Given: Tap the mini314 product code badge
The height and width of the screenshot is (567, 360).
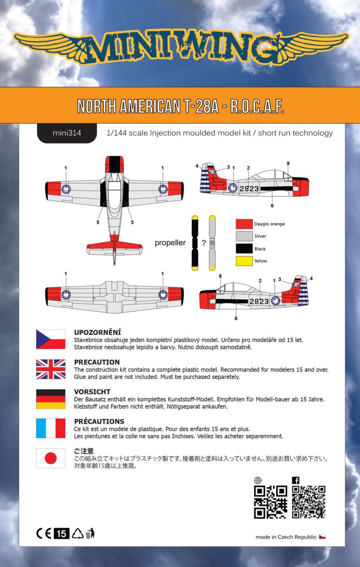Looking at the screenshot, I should (67, 133).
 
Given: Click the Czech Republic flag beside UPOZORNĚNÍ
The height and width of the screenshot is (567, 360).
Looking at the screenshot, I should (51, 339).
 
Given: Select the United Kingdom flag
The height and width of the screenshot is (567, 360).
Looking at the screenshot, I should (51, 369).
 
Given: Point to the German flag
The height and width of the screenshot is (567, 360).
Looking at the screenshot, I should (51, 399).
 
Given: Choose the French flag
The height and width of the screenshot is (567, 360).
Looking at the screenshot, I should (51, 428).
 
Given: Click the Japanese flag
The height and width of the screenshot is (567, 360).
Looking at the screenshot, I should (51, 458).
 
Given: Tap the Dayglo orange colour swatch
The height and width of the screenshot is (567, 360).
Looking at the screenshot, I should (244, 224).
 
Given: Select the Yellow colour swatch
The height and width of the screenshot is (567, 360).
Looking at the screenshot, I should (244, 261).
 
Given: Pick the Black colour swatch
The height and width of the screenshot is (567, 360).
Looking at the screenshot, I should (244, 249).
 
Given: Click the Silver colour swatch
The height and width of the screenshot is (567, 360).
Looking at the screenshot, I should (244, 236).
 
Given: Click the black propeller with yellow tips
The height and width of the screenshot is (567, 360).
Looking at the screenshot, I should (194, 243).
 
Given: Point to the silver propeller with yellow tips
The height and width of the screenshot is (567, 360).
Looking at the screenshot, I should (212, 243).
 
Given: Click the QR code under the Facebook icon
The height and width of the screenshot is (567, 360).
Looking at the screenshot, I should (309, 502).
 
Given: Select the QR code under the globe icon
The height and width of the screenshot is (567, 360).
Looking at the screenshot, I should (270, 502).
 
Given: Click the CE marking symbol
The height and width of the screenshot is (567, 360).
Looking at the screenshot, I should (44, 533).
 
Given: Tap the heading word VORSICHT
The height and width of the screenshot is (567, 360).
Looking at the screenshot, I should (92, 392).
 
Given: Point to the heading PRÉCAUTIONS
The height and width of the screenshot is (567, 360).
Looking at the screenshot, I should (99, 421).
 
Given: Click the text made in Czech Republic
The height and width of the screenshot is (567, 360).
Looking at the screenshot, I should (286, 537).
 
